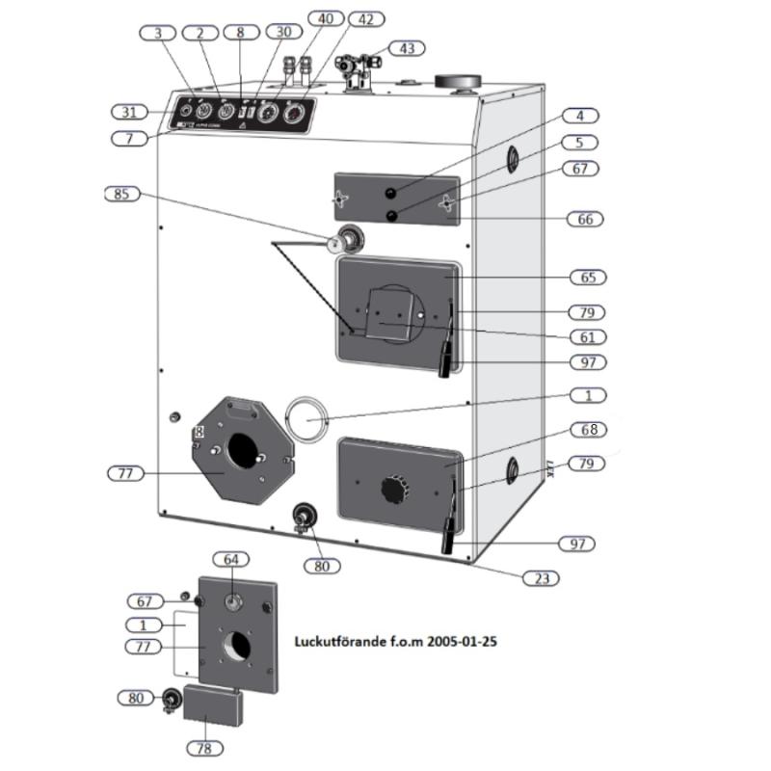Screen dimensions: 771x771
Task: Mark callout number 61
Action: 587,337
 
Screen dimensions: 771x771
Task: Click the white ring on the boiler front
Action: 306,418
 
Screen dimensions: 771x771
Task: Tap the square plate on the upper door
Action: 394,317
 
